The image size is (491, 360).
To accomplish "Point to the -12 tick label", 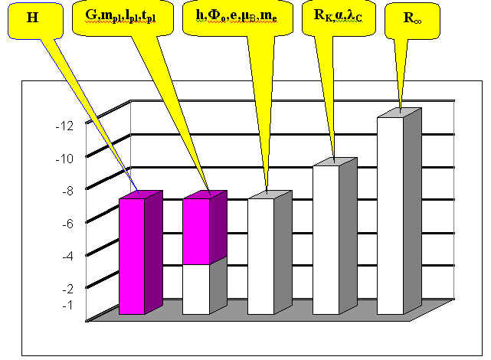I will click(x=69, y=125).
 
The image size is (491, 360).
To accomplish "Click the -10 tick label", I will click(x=69, y=158).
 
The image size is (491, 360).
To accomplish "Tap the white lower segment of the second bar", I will click(x=195, y=290).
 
